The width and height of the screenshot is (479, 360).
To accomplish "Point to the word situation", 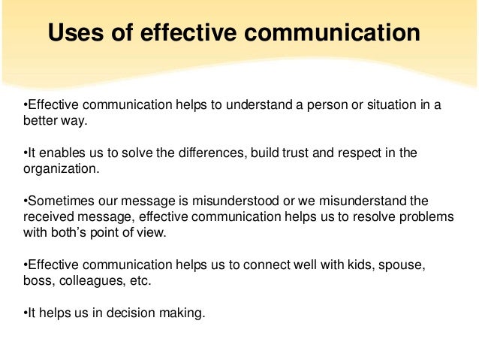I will [392, 104].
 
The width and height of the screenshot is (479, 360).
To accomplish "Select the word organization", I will [60, 168].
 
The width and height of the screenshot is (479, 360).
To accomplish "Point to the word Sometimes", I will [58, 202].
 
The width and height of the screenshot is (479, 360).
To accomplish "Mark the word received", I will [47, 217].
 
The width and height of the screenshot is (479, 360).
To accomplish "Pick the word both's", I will [74, 232].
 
